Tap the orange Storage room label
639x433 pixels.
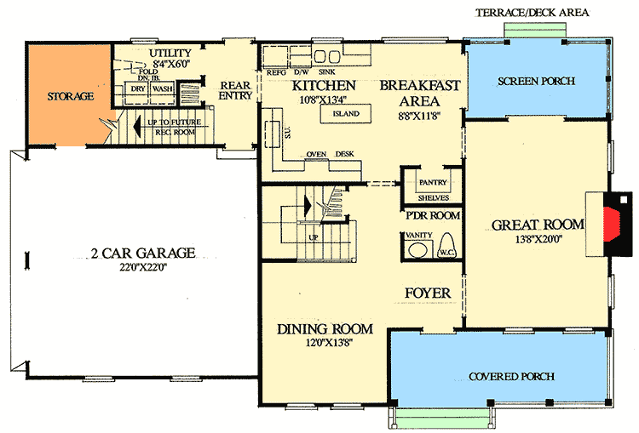(70, 96)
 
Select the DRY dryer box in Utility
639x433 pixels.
(136, 88)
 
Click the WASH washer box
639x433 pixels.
(163, 88)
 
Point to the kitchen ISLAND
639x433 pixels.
(346, 113)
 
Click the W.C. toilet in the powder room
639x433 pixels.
(446, 248)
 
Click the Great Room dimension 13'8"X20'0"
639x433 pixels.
(537, 240)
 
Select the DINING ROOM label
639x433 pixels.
(325, 328)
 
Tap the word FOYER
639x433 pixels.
(427, 293)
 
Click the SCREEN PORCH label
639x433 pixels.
(537, 81)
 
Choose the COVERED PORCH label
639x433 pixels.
(512, 376)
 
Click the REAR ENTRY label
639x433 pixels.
(235, 90)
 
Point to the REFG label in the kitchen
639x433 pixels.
(276, 73)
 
